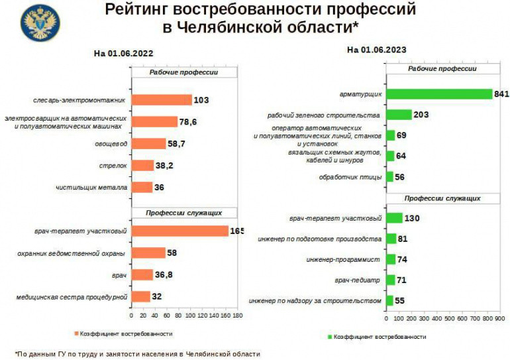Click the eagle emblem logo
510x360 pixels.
point(40,23)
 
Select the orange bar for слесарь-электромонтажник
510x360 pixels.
point(162,100)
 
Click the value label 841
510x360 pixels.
point(501,94)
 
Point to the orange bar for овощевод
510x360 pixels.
point(148,143)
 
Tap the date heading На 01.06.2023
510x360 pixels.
point(376,50)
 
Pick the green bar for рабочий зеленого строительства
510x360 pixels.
point(399,115)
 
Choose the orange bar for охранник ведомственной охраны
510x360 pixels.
point(148,253)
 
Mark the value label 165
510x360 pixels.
point(236,231)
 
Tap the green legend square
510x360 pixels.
point(329,337)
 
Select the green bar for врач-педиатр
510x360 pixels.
point(390,280)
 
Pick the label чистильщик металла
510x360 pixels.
point(91,188)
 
